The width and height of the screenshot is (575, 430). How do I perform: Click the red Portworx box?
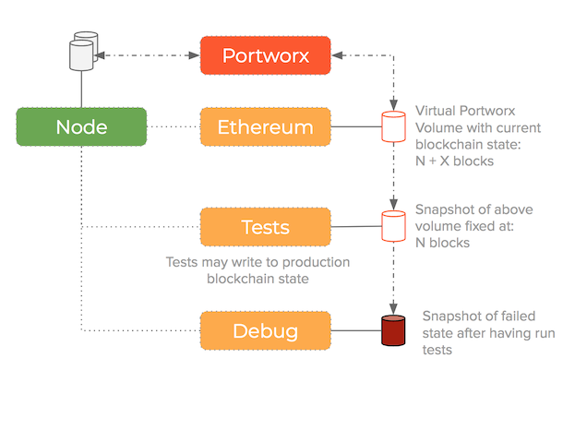pos(266,55)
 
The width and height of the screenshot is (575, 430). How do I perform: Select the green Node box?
pos(81,126)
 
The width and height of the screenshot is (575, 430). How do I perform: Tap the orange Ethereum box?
pos(266,126)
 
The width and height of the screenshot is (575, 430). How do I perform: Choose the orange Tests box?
pos(266,227)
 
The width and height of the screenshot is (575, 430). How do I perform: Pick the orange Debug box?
pos(266,328)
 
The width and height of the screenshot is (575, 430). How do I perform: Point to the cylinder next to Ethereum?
pos(394,126)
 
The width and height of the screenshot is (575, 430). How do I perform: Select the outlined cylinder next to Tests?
pos(394,227)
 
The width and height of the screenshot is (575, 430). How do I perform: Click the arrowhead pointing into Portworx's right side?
pos(338,56)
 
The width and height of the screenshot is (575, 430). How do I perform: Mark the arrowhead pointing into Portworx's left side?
pos(195,56)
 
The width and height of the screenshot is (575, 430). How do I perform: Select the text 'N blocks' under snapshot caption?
pos(443,243)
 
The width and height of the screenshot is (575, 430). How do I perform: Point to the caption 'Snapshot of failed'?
pos(480,317)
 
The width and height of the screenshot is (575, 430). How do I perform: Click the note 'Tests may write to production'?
pos(258,262)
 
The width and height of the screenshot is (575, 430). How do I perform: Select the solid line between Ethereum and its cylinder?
pos(356,126)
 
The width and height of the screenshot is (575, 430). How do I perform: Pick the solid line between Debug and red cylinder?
pos(356,328)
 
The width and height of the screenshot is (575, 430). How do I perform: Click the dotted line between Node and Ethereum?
pos(174,126)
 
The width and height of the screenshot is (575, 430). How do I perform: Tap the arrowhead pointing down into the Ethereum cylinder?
pos(394,104)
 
